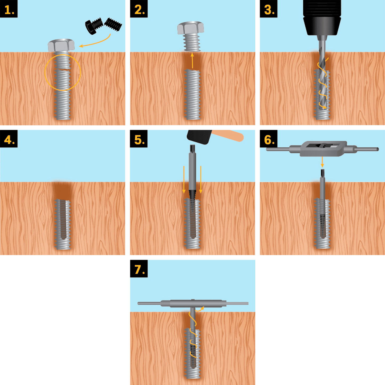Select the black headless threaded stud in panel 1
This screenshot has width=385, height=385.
point(113,24)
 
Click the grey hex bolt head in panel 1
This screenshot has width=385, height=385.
point(61,45)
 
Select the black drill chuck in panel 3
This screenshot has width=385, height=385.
point(322,18)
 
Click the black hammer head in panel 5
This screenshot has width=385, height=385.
point(199,137)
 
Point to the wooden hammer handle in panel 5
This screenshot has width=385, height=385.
point(228,135)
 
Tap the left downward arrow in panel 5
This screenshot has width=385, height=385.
point(184,180)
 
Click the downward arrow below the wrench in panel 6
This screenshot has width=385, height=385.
point(322,162)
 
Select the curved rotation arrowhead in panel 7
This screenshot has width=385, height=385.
point(202,308)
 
